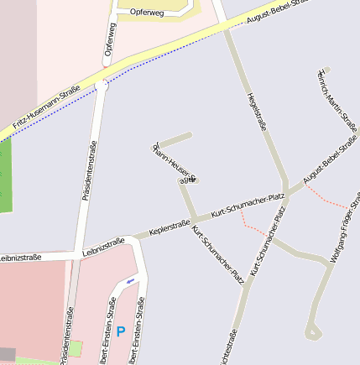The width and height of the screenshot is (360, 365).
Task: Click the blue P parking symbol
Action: (x=120, y=332)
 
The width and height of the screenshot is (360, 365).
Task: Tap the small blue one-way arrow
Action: (x=129, y=281)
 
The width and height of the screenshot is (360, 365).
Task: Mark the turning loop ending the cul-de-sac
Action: (x=313, y=333)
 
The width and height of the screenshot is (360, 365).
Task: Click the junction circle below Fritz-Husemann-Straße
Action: (x=102, y=85)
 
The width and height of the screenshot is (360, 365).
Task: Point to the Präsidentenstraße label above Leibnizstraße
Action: (x=88, y=171)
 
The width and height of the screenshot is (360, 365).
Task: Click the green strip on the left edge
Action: (x=6, y=176)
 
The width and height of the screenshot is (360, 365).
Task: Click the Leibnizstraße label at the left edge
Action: (x=20, y=257)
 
